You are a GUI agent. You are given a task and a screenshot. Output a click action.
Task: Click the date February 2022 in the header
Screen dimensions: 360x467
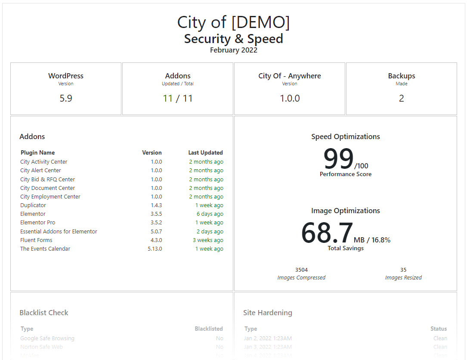(233, 50)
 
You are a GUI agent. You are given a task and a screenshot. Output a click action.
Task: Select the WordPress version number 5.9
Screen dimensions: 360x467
(66, 98)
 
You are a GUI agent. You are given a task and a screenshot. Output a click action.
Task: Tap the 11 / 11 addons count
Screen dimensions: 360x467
(178, 98)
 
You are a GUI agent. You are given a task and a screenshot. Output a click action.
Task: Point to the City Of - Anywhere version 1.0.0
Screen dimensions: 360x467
(290, 98)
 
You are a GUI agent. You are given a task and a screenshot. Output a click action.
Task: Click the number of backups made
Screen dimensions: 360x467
(401, 98)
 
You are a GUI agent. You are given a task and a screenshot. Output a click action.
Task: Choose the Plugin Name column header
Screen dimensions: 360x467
(37, 152)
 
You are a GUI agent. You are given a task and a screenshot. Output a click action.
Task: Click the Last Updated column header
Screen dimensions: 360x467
(205, 152)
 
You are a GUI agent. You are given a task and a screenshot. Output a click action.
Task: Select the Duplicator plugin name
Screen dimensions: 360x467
(33, 205)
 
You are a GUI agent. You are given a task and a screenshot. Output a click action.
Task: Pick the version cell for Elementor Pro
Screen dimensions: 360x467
(156, 223)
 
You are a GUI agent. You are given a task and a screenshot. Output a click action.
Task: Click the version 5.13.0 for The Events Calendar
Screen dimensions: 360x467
(155, 249)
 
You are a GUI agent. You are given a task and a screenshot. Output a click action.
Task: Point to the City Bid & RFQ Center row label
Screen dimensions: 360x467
(47, 180)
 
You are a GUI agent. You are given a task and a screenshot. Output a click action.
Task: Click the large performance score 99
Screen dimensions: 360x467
(338, 159)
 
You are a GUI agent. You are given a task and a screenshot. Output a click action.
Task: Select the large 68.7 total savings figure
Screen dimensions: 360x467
(327, 233)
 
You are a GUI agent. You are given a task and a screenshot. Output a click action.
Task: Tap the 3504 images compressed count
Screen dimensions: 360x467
(301, 270)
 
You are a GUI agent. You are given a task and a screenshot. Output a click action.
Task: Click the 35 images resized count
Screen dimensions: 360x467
(403, 270)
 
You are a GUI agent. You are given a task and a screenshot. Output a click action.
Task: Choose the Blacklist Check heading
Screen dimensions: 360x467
(44, 313)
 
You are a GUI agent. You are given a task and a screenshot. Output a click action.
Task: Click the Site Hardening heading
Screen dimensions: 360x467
(267, 313)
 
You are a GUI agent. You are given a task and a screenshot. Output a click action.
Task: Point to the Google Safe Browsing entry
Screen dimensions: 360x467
(47, 338)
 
